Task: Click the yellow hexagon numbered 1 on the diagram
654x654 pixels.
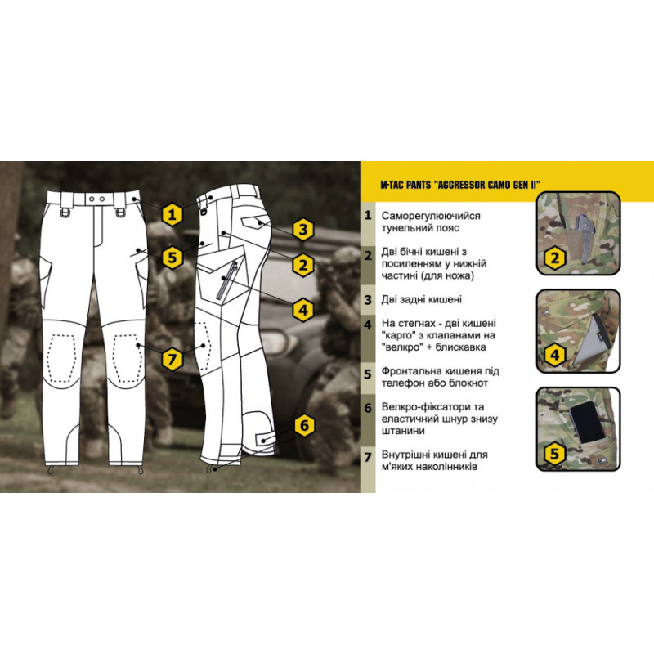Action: coord(172,215)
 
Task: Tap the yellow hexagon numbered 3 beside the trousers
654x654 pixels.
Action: coord(303,230)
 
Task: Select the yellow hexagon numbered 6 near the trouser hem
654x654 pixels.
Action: coord(304,425)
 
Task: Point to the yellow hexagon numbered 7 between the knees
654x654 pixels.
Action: coord(172,359)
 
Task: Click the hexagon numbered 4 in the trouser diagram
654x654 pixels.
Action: coord(303,310)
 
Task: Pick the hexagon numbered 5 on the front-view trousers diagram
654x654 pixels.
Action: coord(172,258)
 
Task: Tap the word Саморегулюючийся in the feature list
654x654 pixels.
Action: coord(431,216)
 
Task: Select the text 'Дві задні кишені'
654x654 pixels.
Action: coord(421,299)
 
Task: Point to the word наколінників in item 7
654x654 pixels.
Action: coord(443,467)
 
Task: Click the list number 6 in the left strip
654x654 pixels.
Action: coord(367,407)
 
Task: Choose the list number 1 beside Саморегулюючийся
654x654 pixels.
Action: coord(367,216)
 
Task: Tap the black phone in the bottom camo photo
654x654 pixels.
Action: coord(588,423)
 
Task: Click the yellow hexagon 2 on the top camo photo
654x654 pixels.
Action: coord(555,258)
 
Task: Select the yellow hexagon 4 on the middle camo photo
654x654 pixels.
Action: coord(555,355)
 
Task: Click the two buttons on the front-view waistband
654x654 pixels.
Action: coord(96,199)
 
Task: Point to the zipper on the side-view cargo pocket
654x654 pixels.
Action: coord(226,280)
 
